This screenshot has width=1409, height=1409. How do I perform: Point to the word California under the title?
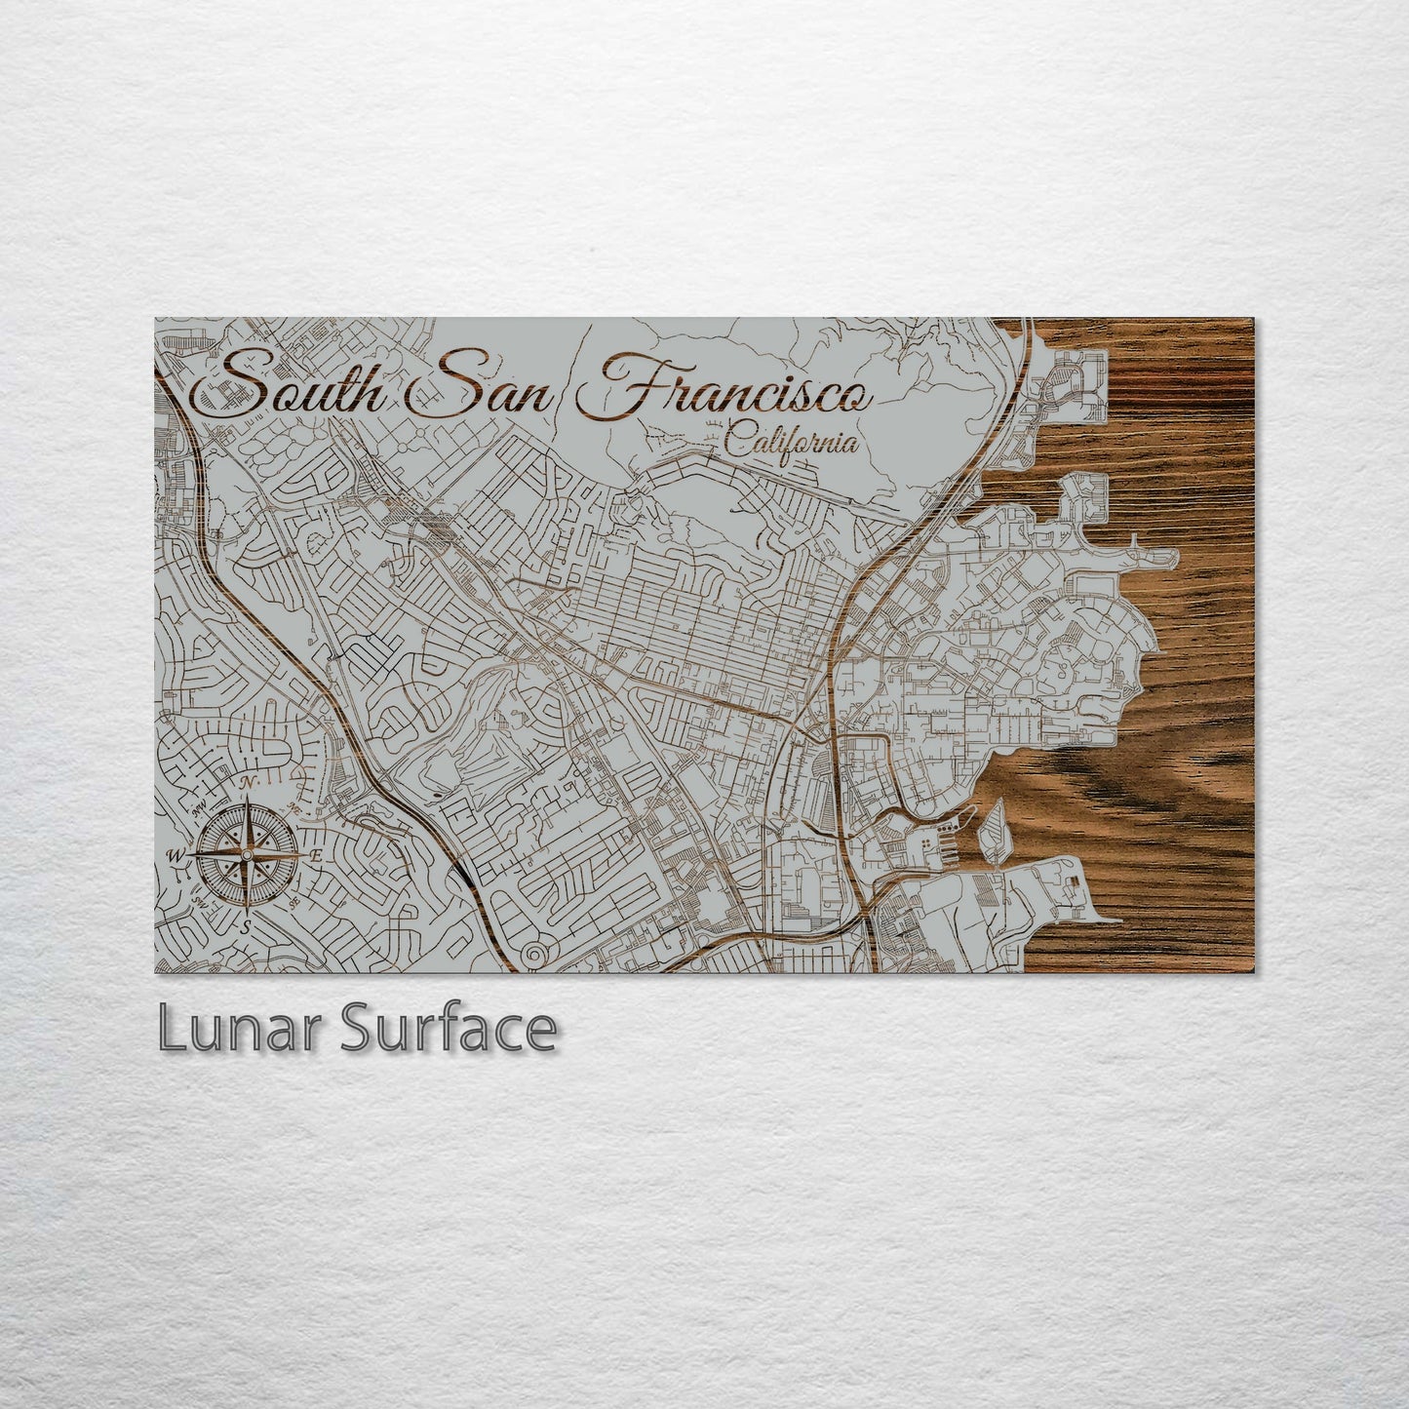pos(793,442)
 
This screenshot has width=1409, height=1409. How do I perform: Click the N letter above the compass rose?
pos(248,784)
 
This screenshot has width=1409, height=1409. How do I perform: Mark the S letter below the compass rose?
pos(248,925)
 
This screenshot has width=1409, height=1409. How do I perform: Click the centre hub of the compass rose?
pos(248,855)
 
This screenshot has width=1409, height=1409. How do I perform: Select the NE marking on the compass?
pos(295,808)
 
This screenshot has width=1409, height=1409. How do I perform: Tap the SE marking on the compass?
pos(294,904)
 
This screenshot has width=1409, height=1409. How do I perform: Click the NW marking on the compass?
pos(197,809)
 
